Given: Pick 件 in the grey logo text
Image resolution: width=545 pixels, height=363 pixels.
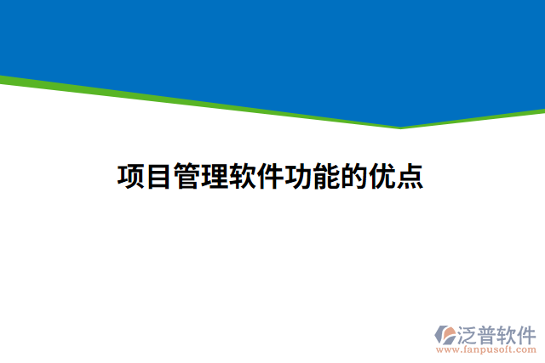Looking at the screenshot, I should pyautogui.click(x=530, y=333).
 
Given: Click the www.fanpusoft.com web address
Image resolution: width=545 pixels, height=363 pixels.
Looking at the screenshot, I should pyautogui.click(x=486, y=349).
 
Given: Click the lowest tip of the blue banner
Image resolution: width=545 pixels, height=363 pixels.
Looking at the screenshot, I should pyautogui.click(x=400, y=127).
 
